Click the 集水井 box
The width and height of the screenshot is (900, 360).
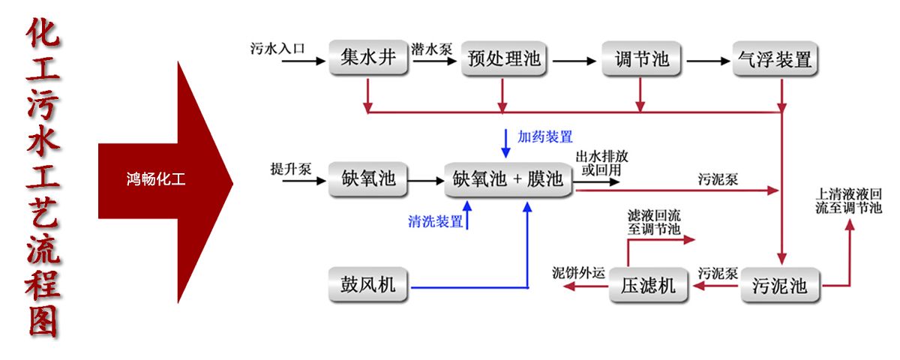pyautogui.click(x=367, y=58)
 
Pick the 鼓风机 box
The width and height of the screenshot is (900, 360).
pyautogui.click(x=368, y=285)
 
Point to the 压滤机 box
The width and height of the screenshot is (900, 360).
pyautogui.click(x=648, y=285)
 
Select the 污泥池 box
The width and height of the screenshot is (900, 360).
pyautogui.click(x=779, y=285)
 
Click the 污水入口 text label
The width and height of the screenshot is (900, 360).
pyautogui.click(x=278, y=49)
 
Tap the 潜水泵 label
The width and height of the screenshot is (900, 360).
pyautogui.click(x=432, y=49)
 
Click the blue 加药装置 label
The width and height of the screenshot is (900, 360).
pyautogui.click(x=545, y=136)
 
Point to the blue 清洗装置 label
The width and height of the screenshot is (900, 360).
pyautogui.click(x=436, y=222)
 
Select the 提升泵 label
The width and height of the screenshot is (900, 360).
pyautogui.click(x=291, y=169)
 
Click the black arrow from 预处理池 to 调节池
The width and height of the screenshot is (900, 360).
pyautogui.click(x=573, y=58)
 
